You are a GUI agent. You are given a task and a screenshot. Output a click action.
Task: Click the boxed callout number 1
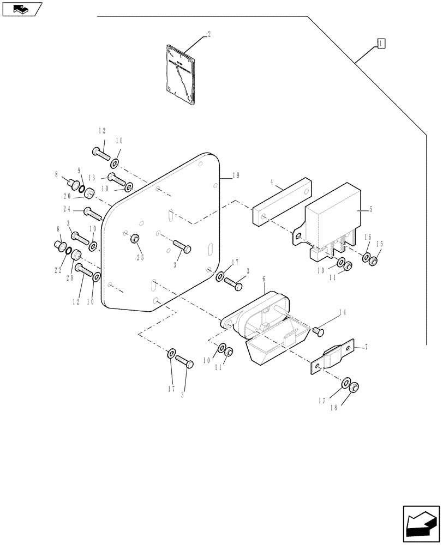(x=381, y=44)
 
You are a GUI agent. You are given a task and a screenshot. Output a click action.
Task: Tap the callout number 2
(x=209, y=34)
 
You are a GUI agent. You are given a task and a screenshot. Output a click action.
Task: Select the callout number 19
(x=236, y=175)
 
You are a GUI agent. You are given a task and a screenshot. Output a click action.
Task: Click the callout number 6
(x=264, y=278)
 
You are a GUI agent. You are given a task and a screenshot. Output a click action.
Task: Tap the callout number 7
(x=367, y=346)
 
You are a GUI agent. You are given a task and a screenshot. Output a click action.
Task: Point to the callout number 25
(x=140, y=257)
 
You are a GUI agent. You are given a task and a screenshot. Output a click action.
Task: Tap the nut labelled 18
(x=354, y=388)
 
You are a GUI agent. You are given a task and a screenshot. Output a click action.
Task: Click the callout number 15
(x=379, y=244)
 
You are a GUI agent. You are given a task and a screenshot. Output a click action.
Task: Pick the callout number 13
(x=92, y=177)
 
